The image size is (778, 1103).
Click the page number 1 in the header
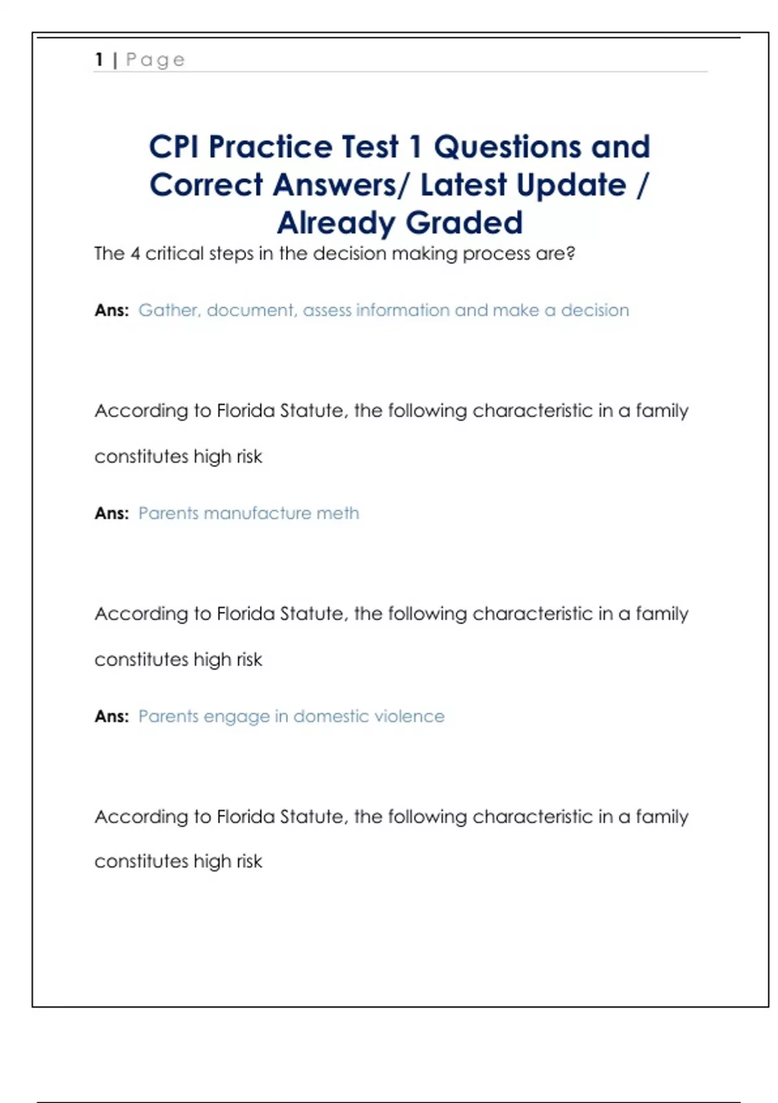[x=99, y=60]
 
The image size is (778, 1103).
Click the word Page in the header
[x=156, y=60]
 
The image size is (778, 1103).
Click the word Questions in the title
[x=507, y=147]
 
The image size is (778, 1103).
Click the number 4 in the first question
[x=135, y=253]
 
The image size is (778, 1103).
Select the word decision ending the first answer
[x=595, y=310]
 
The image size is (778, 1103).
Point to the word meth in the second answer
[x=337, y=513]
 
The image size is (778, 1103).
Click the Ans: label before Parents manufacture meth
[x=112, y=513]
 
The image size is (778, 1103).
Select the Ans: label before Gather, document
[x=112, y=310]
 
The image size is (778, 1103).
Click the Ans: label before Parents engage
[x=112, y=716]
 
